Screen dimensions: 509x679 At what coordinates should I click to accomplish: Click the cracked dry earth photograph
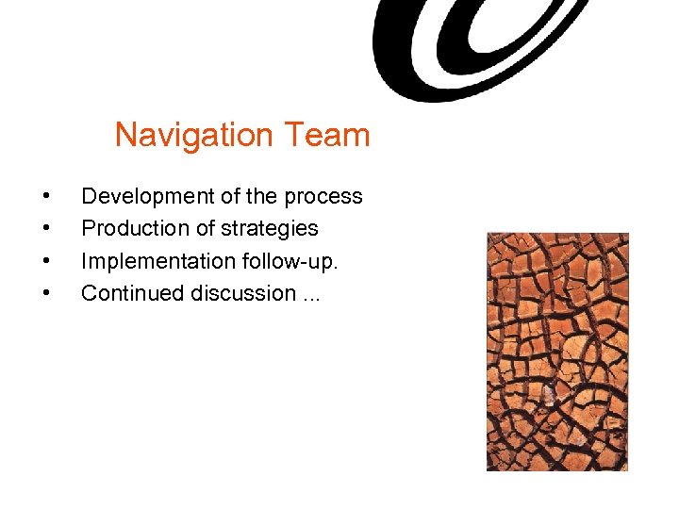[x=557, y=352]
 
